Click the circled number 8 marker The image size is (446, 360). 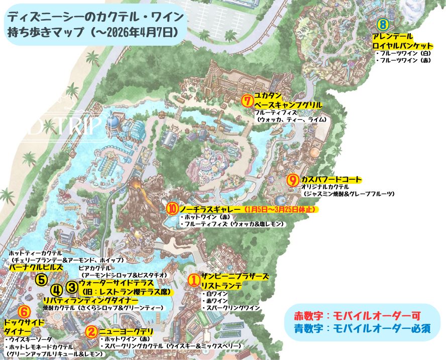pyautogui.click(x=383, y=24)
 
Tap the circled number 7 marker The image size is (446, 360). pyautogui.click(x=246, y=100)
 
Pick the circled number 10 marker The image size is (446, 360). pyautogui.click(x=172, y=208)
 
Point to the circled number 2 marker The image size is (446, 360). pyautogui.click(x=91, y=331)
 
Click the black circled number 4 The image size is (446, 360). pyautogui.click(x=56, y=290)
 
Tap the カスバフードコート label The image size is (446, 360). pyautogui.click(x=331, y=179)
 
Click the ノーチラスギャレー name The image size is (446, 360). pyautogui.click(x=210, y=208)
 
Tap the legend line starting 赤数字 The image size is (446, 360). pyautogui.click(x=357, y=315)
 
